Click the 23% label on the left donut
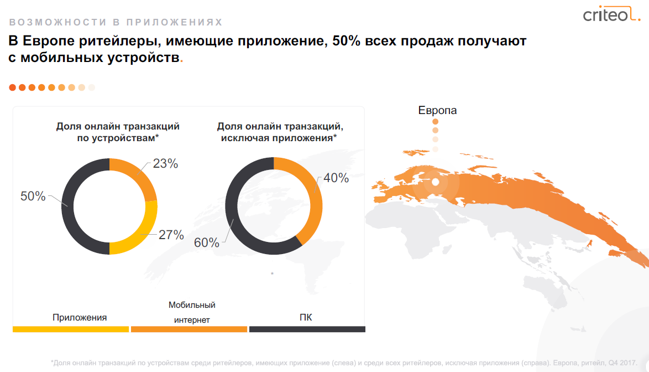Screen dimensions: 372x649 166,164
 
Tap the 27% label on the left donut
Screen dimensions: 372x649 171,235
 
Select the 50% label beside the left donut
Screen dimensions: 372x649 33,196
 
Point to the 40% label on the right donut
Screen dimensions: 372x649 336,178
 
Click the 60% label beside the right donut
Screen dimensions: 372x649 207,242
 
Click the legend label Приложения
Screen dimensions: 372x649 80,318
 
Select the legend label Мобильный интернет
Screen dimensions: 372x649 192,312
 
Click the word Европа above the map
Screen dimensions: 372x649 437,110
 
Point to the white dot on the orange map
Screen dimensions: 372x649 436,182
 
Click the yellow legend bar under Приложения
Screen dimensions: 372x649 70,329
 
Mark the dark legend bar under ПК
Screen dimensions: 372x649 307,329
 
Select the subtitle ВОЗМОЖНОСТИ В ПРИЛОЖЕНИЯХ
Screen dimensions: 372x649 116,23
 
